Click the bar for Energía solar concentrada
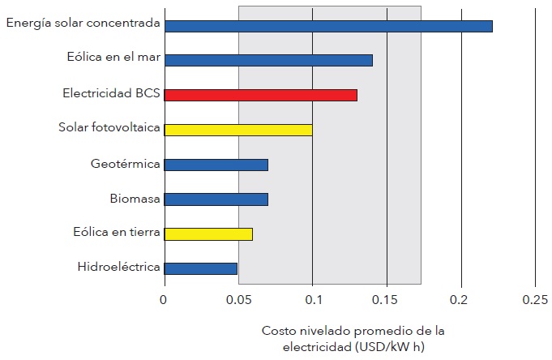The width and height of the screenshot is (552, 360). (328, 26)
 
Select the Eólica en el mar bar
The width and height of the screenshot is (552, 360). (268, 60)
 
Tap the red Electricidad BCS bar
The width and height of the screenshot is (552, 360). (260, 95)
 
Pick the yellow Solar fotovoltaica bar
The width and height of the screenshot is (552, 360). (238, 130)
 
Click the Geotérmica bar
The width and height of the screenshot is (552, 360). (216, 165)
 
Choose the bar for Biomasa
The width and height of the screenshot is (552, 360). (216, 199)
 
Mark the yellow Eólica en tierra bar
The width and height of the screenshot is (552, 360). (208, 234)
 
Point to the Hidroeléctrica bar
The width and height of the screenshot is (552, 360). (200, 268)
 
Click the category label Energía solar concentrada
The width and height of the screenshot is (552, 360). (83, 23)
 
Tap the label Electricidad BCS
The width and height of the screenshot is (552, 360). (111, 92)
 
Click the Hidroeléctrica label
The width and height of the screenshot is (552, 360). (119, 267)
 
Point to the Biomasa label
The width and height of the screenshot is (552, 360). (135, 198)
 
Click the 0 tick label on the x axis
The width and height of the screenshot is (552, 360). (164, 300)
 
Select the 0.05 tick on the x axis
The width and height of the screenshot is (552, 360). (238, 300)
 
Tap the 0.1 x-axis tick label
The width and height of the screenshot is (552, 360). (312, 300)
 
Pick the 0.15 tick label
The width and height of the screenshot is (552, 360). (387, 300)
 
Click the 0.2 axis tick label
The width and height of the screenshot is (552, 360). (461, 300)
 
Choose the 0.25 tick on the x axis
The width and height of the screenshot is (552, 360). (535, 300)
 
